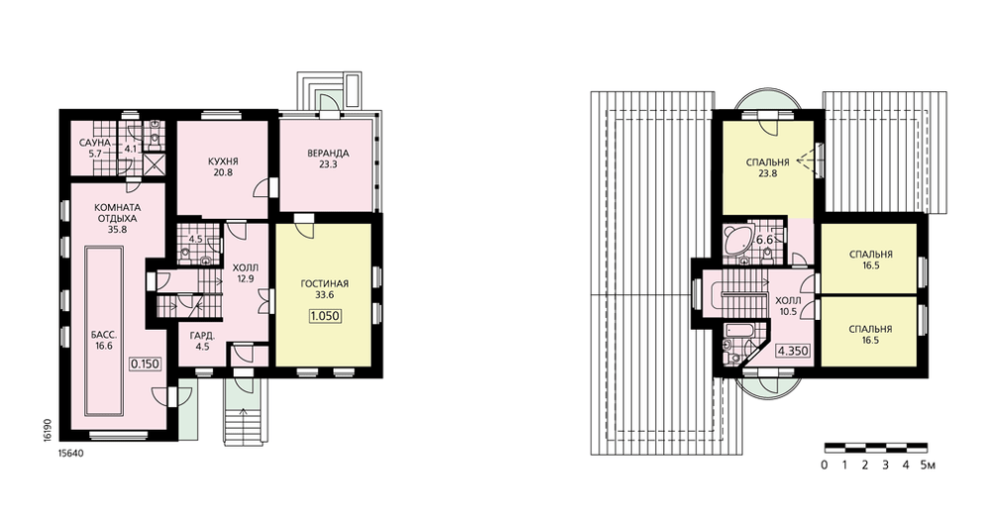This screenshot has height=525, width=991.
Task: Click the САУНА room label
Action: click(x=95, y=144)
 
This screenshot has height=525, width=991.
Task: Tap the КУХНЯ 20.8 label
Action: click(x=223, y=166)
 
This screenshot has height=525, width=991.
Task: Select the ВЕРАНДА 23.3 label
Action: click(x=328, y=157)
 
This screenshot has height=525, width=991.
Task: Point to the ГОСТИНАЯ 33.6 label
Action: click(x=324, y=289)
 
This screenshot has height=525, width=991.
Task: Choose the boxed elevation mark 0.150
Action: click(x=146, y=364)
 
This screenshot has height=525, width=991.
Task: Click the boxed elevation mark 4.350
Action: click(x=793, y=352)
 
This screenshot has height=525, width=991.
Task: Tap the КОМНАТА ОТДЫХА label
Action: click(x=118, y=213)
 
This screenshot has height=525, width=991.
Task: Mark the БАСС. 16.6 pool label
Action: click(x=104, y=341)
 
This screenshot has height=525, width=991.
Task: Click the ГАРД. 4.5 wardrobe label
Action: click(x=202, y=341)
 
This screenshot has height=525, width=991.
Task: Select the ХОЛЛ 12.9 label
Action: click(x=245, y=272)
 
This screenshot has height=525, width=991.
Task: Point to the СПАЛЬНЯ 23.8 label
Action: click(x=767, y=168)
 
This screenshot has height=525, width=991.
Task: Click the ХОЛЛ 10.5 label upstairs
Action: click(x=788, y=305)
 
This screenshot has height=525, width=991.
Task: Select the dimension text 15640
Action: click(x=70, y=453)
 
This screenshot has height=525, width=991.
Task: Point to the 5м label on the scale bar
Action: click(x=928, y=466)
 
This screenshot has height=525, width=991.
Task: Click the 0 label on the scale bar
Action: click(x=825, y=466)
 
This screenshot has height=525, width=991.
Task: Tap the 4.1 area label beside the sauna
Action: click(x=131, y=150)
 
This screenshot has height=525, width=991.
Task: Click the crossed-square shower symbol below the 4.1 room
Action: click(x=154, y=163)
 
